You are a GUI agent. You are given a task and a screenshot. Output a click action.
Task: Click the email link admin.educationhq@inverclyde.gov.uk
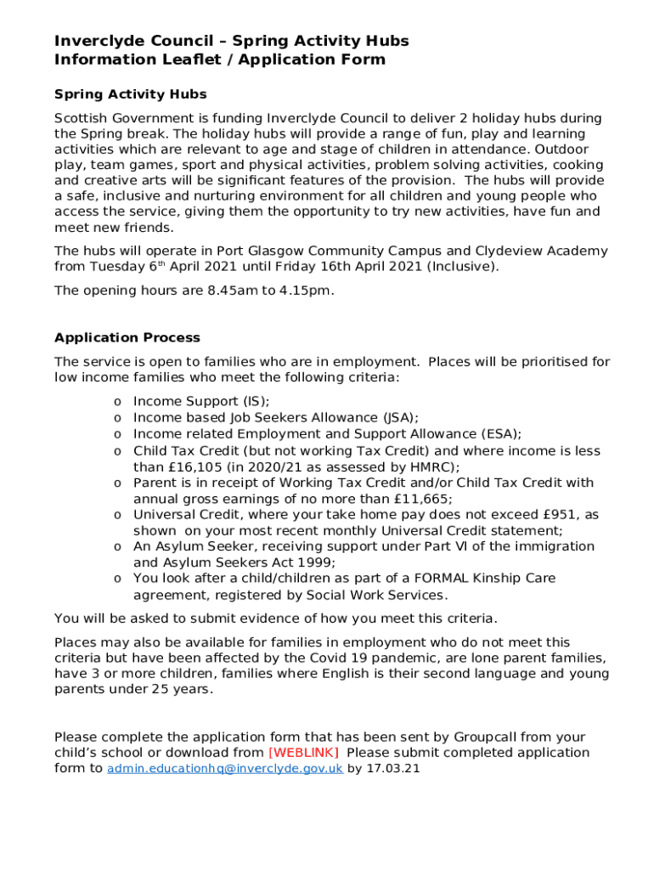[225, 769]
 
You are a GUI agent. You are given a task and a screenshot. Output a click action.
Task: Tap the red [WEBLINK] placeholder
[304, 753]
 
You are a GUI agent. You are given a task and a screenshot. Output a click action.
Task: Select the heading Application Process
[127, 337]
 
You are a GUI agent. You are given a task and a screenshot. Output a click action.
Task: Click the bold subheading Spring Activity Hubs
[131, 94]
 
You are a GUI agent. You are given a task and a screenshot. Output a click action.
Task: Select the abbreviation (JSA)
[399, 417]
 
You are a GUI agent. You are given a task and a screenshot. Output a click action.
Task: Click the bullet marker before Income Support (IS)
[117, 402]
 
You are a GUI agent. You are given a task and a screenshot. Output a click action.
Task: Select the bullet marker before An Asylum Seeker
[117, 547]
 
